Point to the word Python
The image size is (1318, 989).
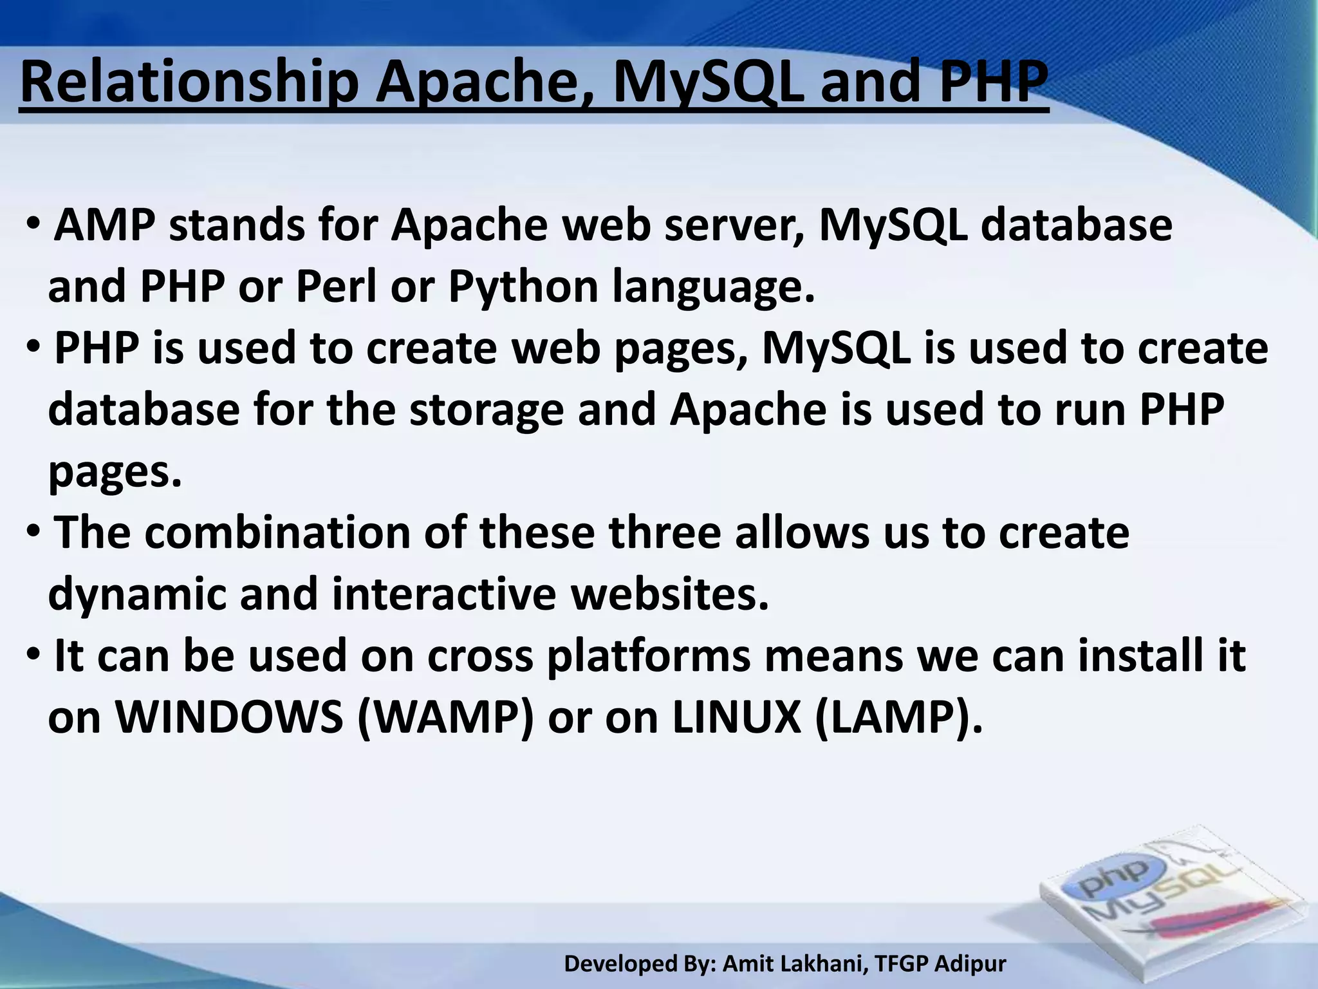[x=523, y=287]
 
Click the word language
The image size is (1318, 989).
[x=713, y=287]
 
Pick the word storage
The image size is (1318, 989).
[x=487, y=410]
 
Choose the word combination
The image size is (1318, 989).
[x=277, y=533]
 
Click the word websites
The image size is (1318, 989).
[x=670, y=593]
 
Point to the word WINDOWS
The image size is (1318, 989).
[x=229, y=717]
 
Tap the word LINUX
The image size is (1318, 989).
[x=736, y=717]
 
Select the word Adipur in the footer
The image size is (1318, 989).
[x=970, y=964]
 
